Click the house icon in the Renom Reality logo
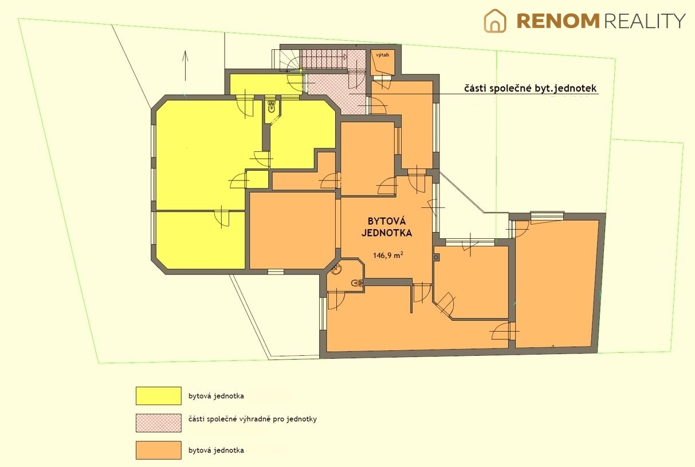(495, 21)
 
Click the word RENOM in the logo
(558, 21)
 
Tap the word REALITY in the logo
(645, 21)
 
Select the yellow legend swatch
(159, 395)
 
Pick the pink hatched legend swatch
(159, 423)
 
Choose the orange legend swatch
(159, 450)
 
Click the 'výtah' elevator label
(382, 55)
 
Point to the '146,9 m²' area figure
(388, 255)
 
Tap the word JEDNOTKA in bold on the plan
(387, 233)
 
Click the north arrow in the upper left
(185, 65)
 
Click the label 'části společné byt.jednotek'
(530, 88)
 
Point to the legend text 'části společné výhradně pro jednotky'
(253, 419)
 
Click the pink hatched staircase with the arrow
(324, 59)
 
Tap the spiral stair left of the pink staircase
(289, 61)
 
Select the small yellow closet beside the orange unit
(257, 179)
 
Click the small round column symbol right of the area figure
(436, 257)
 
